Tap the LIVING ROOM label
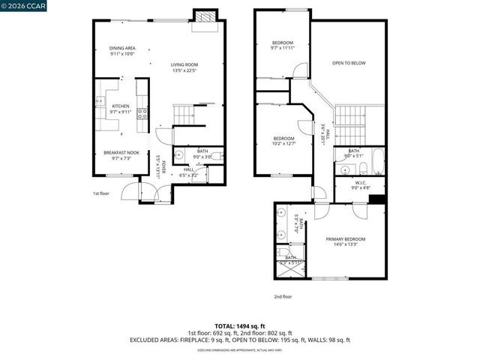183,66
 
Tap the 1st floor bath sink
178,155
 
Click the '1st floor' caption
102,193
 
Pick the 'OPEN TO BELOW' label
349,63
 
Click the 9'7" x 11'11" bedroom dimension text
283,48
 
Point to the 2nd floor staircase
349,116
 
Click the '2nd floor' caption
283,295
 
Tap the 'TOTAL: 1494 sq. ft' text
240,326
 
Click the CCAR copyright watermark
22,5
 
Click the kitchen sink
98,103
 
